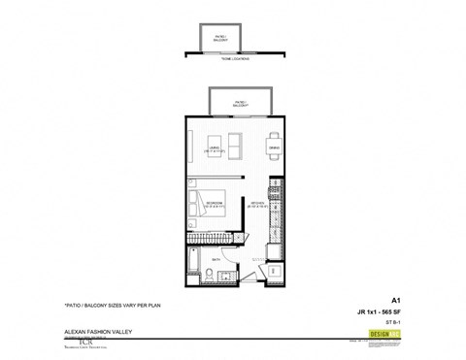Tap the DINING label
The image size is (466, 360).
275,148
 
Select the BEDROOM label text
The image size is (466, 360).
216,205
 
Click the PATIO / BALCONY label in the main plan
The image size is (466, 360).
238,102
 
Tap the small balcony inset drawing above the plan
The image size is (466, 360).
221,39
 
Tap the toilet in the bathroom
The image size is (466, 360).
208,278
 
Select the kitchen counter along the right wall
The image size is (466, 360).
278,209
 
